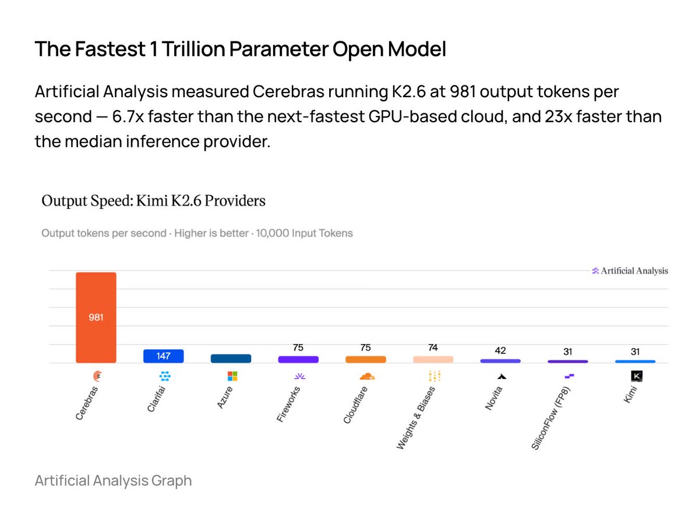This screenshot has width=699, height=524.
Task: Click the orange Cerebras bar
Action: pyautogui.click(x=96, y=317)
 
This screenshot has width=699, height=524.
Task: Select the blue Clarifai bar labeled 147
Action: pyautogui.click(x=163, y=356)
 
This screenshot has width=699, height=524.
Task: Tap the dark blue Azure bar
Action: pyautogui.click(x=231, y=359)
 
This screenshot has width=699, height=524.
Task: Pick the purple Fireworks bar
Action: pyautogui.click(x=298, y=359)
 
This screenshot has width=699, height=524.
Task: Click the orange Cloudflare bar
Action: pyautogui.click(x=366, y=359)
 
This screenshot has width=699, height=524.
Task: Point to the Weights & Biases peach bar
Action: pyautogui.click(x=433, y=359)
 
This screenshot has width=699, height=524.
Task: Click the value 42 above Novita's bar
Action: pyautogui.click(x=500, y=350)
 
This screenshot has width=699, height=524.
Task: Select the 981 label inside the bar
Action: pyautogui.click(x=96, y=317)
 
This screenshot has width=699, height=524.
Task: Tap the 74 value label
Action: pyautogui.click(x=433, y=348)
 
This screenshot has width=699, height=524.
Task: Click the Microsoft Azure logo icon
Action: pyautogui.click(x=232, y=376)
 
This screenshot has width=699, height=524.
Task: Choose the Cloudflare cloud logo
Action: pyautogui.click(x=367, y=376)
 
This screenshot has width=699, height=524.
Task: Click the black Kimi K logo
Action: pyautogui.click(x=637, y=376)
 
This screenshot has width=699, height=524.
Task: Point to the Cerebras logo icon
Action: pyautogui.click(x=97, y=376)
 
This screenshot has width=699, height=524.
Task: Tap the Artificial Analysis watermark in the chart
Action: pyautogui.click(x=630, y=271)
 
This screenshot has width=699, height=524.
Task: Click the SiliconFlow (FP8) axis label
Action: pyautogui.click(x=550, y=417)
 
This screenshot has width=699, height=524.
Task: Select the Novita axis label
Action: pyautogui.click(x=493, y=398)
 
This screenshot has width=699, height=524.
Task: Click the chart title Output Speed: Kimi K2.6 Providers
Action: pyautogui.click(x=154, y=201)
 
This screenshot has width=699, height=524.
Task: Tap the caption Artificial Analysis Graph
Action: pyautogui.click(x=114, y=480)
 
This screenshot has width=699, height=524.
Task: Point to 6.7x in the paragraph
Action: pyautogui.click(x=128, y=116)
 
